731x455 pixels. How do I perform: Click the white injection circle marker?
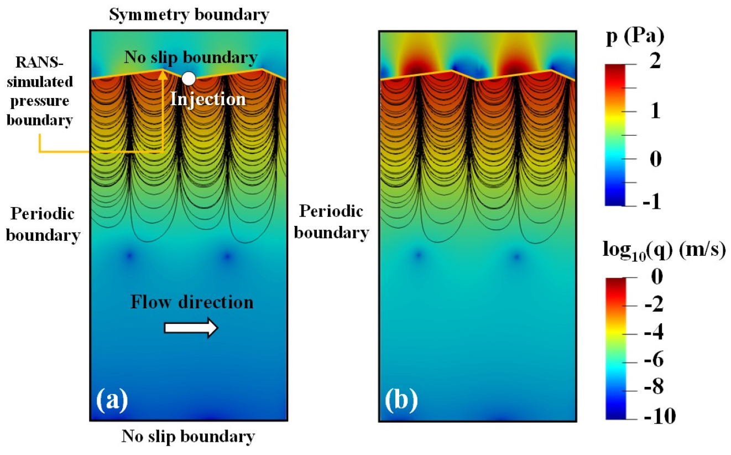189,79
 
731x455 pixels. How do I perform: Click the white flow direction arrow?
191,328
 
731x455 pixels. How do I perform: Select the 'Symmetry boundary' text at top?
190,14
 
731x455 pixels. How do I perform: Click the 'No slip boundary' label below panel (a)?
189,437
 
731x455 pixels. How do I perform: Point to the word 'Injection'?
207,99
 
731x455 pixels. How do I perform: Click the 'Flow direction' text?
192,302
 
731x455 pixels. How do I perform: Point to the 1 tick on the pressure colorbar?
655,111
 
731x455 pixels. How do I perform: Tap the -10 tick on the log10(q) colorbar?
657,416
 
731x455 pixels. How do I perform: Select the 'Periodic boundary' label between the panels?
331,222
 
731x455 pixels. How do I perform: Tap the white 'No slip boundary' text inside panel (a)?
191,57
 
